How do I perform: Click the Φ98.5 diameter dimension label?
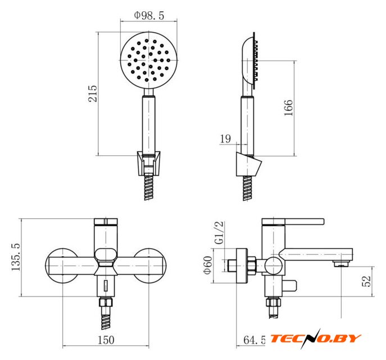pos(149,15)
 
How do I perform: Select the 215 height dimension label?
pos(93,93)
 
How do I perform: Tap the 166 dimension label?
pos(288,107)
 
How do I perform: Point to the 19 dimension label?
pos(225,139)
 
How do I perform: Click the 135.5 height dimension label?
pos(16,256)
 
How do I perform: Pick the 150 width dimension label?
pos(106,340)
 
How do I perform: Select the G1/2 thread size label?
pos(219,233)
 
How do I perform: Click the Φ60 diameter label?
pos(207,265)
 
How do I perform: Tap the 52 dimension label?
pos(366,281)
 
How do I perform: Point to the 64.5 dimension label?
pos(255,340)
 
